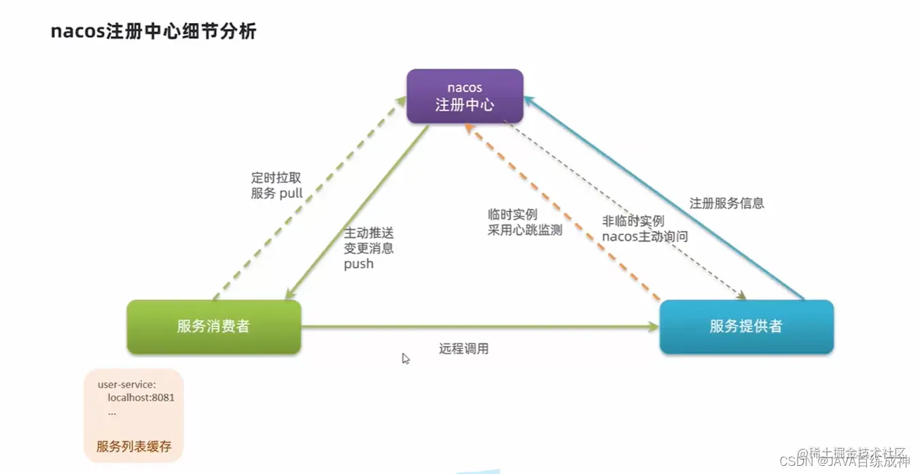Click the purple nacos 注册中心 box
point(465,96)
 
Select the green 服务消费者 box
point(213,326)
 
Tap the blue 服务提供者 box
point(746,326)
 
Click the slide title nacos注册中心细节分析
point(154,31)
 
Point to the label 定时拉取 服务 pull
point(277,186)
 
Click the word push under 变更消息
point(359,264)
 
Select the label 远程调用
point(464,349)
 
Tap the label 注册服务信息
point(726,203)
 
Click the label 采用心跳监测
point(525,230)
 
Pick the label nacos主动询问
point(645,237)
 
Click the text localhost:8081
point(141,397)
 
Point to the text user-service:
point(126,384)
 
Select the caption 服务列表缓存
point(134,447)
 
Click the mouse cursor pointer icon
point(406,358)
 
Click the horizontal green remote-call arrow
point(476,327)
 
